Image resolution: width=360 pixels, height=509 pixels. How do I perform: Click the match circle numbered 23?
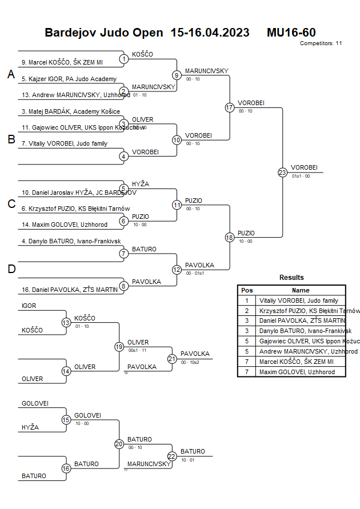coord(282,172)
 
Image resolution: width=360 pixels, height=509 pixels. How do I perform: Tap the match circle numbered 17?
coord(230,107)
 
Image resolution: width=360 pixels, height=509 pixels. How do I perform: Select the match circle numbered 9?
coord(177,75)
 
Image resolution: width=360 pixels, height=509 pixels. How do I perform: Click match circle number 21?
coord(172,359)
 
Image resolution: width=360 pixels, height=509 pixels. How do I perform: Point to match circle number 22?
coord(172,456)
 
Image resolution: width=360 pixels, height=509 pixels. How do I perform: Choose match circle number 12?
coord(177,269)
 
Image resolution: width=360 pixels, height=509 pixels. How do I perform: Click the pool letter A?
coord(11,74)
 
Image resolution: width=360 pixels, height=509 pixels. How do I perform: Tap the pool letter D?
coord(11,269)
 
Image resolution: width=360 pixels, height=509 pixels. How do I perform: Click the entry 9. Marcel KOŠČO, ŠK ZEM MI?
coord(62,62)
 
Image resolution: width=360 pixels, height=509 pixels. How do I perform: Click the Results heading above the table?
coord(291,278)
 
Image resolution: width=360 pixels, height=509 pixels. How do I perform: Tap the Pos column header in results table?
coord(247,290)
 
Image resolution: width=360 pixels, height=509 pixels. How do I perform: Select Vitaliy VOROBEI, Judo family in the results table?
coord(298,300)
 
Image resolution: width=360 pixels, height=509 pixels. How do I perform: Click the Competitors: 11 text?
coord(321,43)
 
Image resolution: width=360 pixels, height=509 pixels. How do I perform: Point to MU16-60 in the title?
coord(291,33)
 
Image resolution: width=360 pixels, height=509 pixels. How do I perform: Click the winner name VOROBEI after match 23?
coord(304,167)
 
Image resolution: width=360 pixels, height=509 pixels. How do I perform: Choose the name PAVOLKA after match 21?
coord(195,354)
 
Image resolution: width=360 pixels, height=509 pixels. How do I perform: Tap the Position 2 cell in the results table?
coord(247,311)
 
